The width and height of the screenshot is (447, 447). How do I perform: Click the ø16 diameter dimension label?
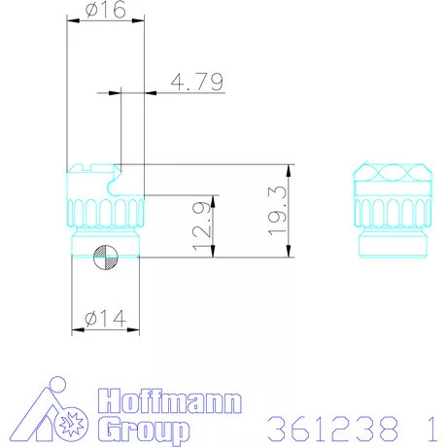[x=105, y=11]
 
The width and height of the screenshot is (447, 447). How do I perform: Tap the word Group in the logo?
[x=145, y=429]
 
